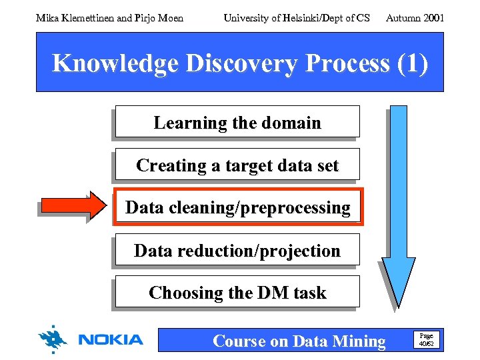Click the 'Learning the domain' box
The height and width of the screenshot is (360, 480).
237,122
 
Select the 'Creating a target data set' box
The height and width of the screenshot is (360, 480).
237,165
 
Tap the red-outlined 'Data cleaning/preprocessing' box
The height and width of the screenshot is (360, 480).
237,207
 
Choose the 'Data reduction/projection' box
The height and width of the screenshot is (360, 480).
237,250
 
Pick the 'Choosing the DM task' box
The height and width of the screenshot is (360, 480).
237,292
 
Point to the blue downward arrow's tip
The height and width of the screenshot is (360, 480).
398,303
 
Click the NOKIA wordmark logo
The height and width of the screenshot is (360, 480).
111,340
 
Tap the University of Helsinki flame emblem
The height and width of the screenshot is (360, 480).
53,339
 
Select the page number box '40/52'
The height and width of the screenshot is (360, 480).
426,339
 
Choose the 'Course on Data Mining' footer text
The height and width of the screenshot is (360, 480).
299,341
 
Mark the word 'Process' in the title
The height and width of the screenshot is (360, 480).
347,63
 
